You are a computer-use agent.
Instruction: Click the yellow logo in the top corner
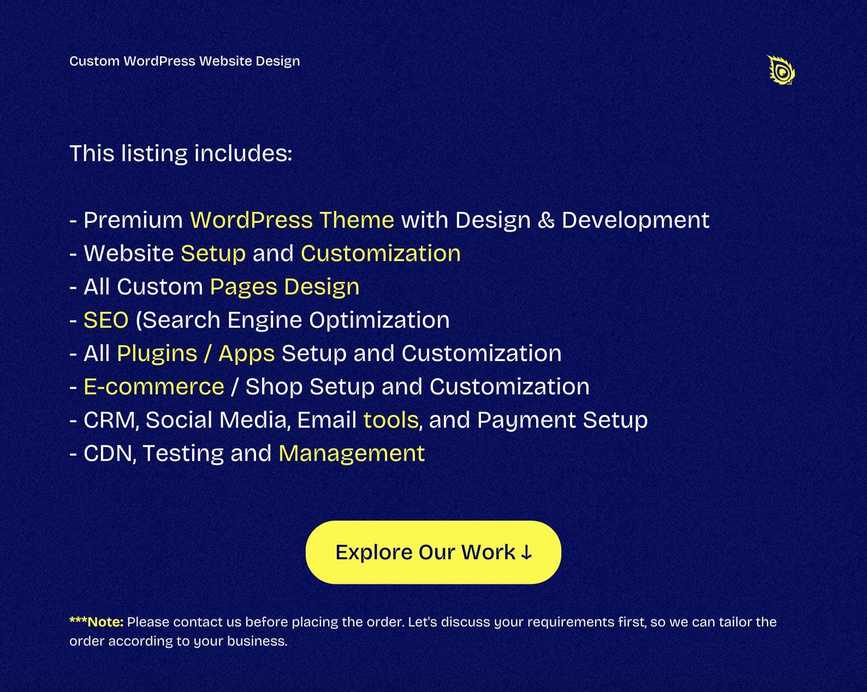pyautogui.click(x=781, y=70)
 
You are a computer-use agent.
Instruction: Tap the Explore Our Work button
pyautogui.click(x=433, y=552)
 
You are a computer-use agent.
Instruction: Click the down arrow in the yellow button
pyautogui.click(x=526, y=553)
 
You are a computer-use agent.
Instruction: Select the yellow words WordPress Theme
pyautogui.click(x=292, y=220)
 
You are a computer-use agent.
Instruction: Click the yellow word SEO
pyautogui.click(x=106, y=320)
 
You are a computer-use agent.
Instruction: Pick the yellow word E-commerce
pyautogui.click(x=154, y=387)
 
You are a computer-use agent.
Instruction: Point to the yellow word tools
pyautogui.click(x=391, y=420)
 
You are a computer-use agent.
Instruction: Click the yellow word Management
pyautogui.click(x=352, y=453)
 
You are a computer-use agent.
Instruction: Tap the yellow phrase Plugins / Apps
pyautogui.click(x=195, y=353)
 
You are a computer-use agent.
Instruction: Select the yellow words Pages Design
pyautogui.click(x=284, y=287)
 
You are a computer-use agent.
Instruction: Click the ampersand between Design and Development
pyautogui.click(x=546, y=220)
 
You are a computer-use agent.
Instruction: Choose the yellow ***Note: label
pyautogui.click(x=96, y=622)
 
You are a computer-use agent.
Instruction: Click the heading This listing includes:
pyautogui.click(x=181, y=153)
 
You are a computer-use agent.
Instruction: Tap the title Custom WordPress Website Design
pyautogui.click(x=185, y=61)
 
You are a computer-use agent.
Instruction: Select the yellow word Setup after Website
pyautogui.click(x=213, y=253)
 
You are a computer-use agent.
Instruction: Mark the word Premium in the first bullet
pyautogui.click(x=133, y=220)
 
